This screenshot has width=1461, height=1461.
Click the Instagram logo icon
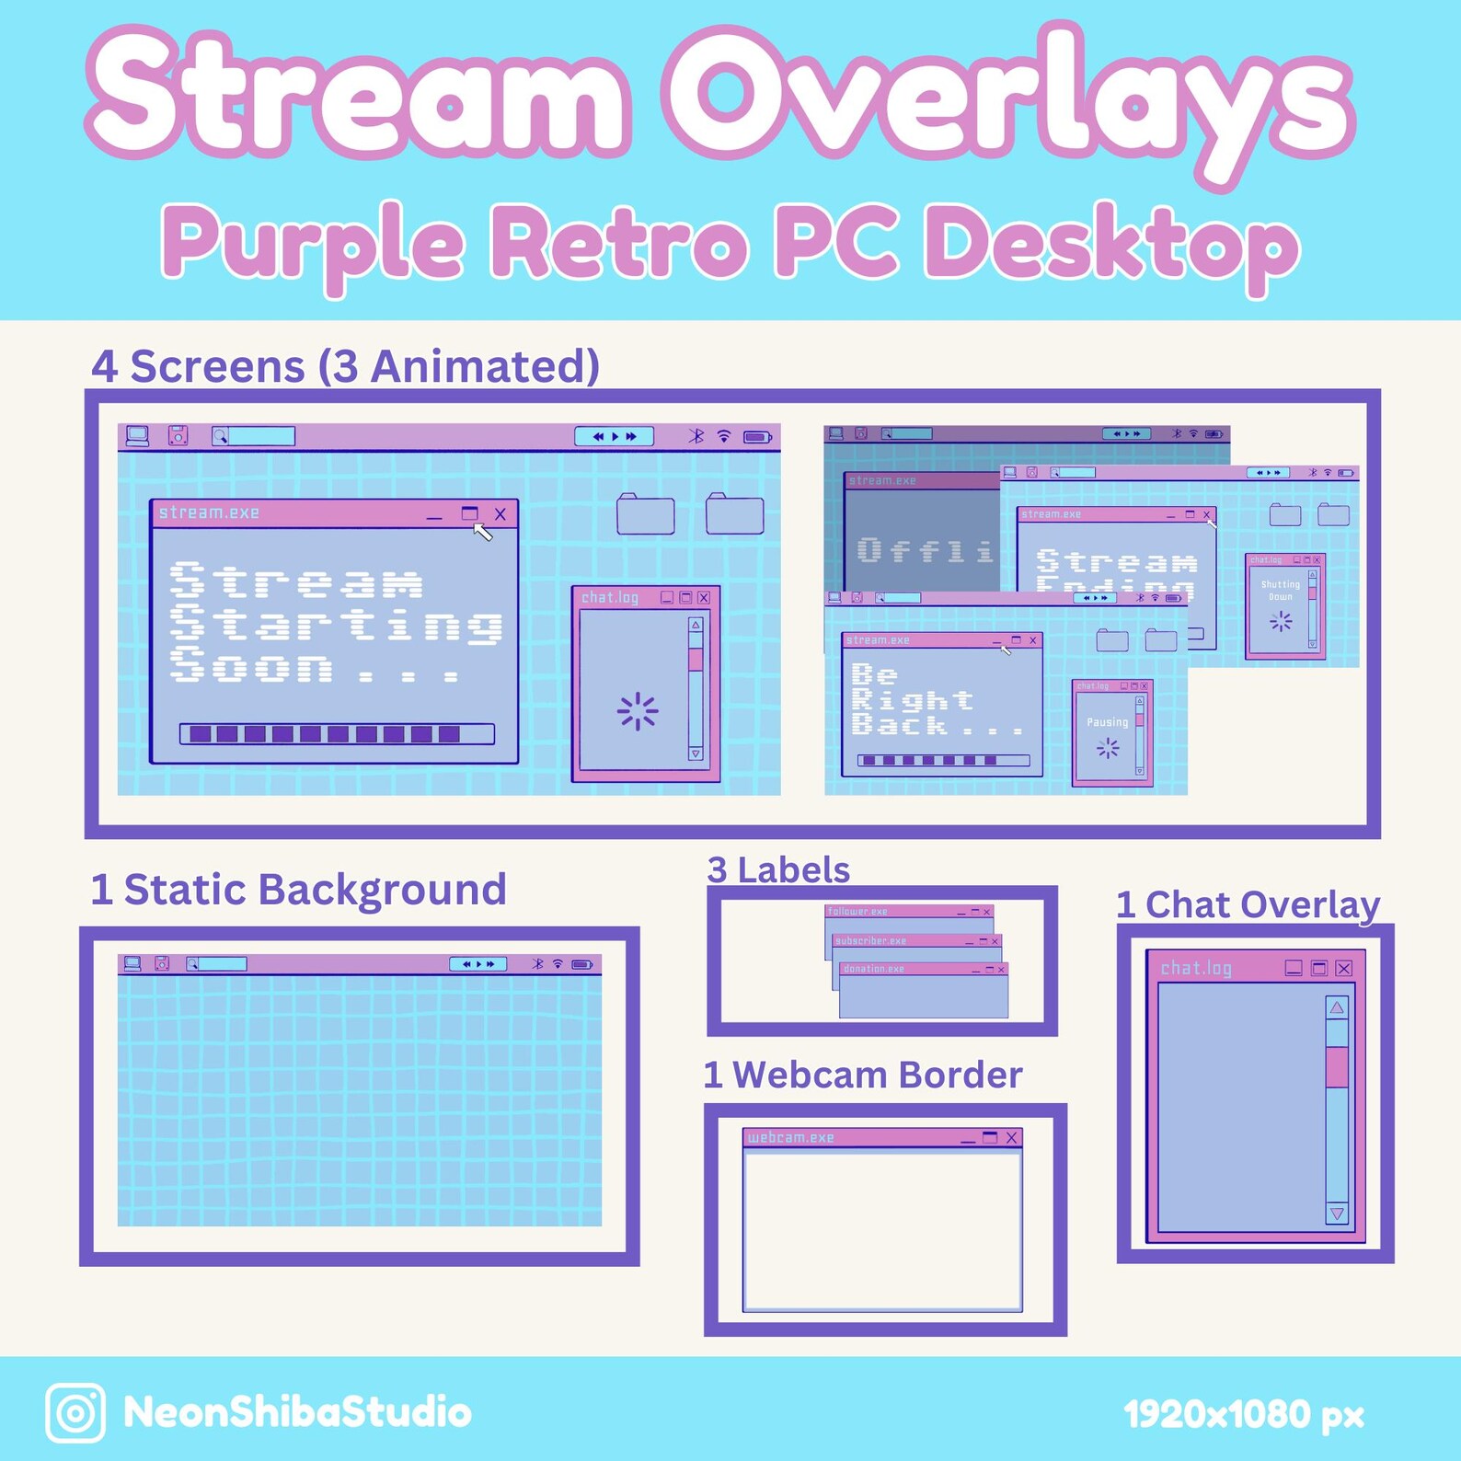75,1412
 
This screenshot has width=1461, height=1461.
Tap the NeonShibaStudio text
297,1412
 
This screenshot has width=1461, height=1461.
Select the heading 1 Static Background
298,890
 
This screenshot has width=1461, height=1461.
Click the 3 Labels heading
778,869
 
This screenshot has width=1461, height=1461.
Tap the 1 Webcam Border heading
863,1075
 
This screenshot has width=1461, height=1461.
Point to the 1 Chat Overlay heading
1248,904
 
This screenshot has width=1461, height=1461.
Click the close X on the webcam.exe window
1011,1138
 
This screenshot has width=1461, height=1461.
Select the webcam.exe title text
791,1138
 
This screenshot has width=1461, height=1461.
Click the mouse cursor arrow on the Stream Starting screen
482,532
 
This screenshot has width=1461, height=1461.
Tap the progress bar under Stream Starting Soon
337,733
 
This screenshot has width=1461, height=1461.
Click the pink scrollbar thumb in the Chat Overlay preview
1337,1067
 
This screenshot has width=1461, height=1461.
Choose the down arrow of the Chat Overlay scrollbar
1337,1214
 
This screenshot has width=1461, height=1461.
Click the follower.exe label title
857,912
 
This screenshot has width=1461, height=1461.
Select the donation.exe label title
874,969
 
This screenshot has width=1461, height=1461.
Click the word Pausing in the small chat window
1107,722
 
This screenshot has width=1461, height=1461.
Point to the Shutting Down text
1281,591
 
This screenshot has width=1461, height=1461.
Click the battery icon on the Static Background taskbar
582,964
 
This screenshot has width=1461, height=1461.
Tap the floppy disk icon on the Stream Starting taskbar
178,436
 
